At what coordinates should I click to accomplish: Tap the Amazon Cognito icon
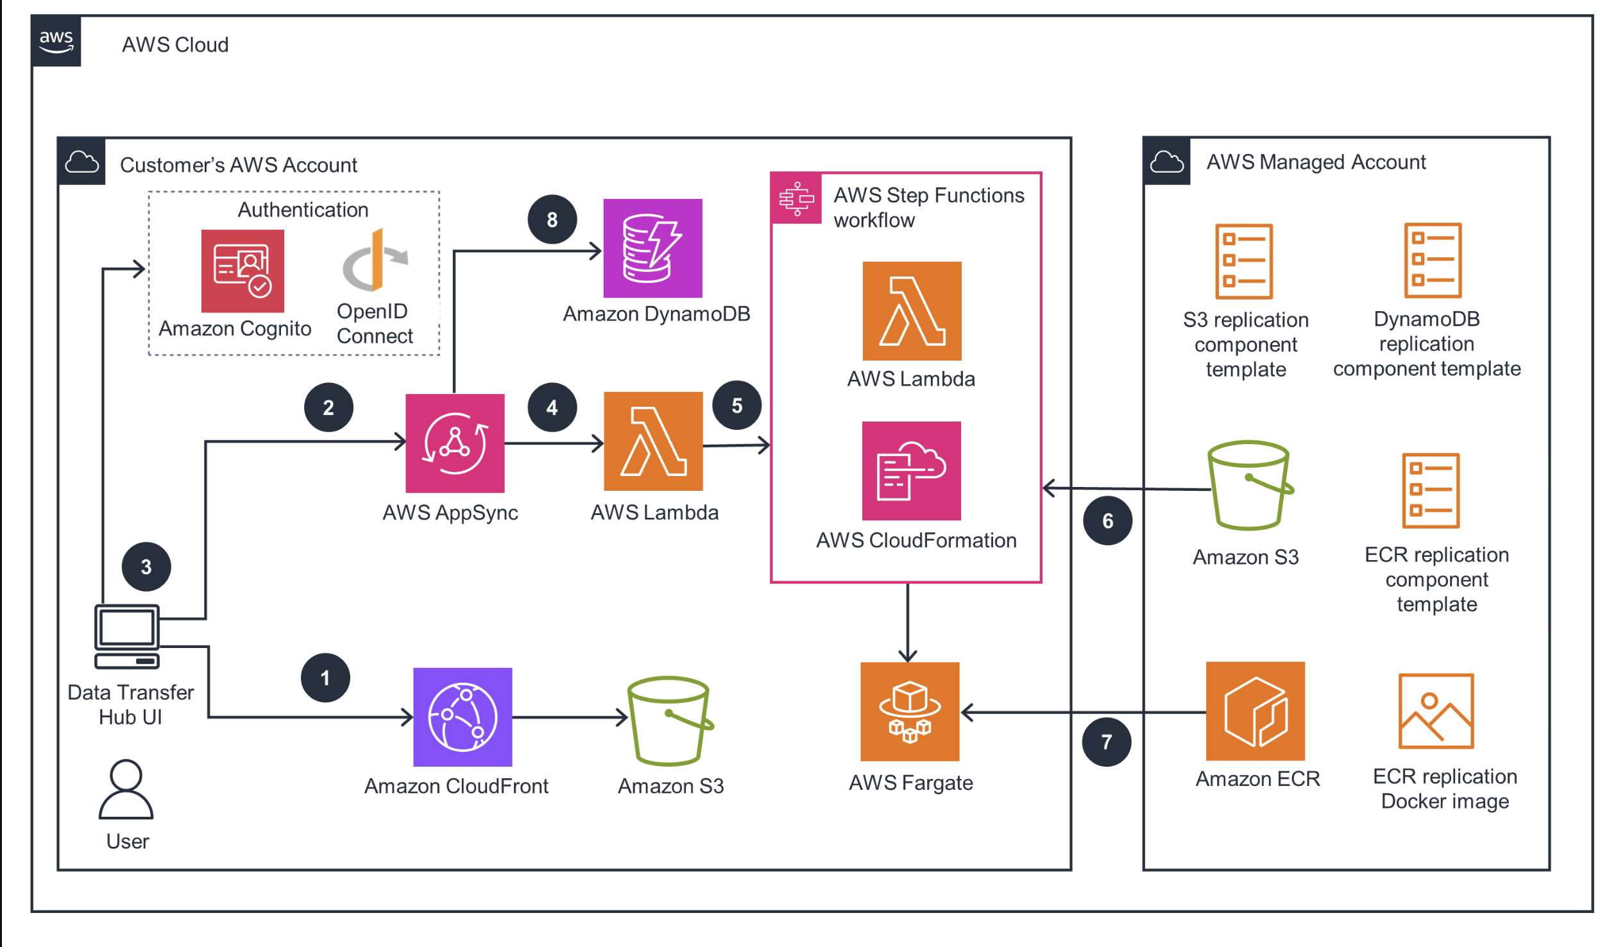[243, 271]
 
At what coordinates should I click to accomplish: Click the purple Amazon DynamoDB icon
[652, 248]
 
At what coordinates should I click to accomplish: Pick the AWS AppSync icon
[455, 443]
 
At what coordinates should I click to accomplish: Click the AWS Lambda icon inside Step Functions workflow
[912, 311]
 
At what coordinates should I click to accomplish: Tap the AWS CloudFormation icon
[911, 470]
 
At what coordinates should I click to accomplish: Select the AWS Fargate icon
[910, 712]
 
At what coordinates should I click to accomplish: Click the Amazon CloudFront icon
[463, 717]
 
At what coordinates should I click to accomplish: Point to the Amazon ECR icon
[1255, 711]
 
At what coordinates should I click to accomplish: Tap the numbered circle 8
[552, 219]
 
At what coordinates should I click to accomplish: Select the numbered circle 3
[146, 567]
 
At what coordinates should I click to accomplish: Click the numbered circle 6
[1107, 521]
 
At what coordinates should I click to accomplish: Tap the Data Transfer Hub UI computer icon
[126, 636]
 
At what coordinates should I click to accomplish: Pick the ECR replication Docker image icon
[1436, 711]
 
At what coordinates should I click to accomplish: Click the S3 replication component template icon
[1244, 261]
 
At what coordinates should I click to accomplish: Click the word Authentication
[303, 210]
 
